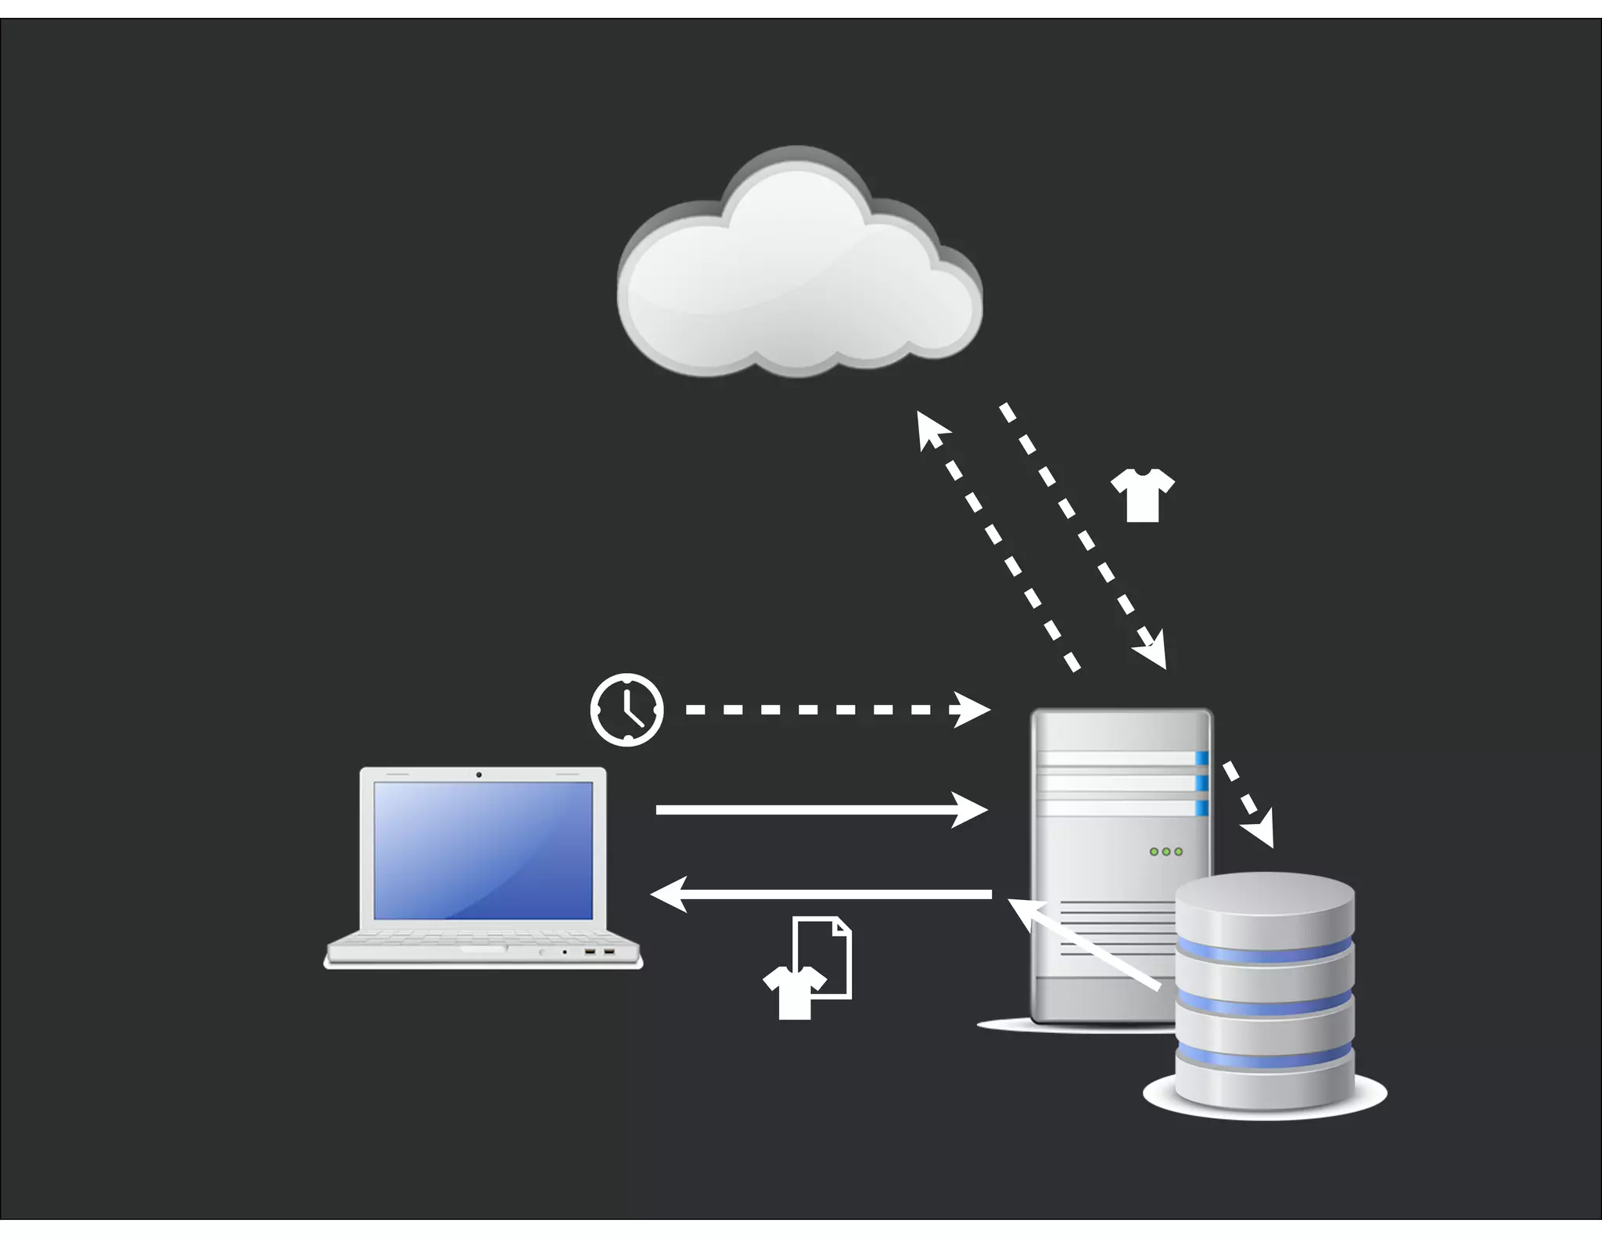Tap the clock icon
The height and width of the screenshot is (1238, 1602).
pos(627,709)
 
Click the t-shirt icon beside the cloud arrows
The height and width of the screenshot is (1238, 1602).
pos(1142,495)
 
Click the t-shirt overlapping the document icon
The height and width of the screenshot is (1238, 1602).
pos(793,992)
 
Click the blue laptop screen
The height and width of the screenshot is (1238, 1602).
pos(483,850)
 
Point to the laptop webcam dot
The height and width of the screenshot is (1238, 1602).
pos(479,775)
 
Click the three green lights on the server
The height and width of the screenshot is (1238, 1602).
pos(1166,851)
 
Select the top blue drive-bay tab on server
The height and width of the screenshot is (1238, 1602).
pos(1201,758)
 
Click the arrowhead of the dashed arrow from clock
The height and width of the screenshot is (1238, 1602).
pos(973,710)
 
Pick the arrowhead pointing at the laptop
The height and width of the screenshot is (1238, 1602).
pos(670,894)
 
